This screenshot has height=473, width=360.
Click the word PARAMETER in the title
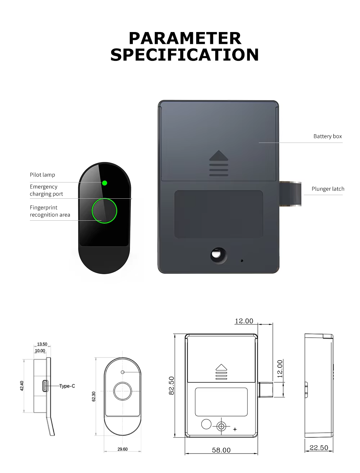click(185, 39)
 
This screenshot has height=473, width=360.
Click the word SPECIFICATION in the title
click(184, 55)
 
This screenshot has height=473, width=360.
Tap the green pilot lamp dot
click(104, 183)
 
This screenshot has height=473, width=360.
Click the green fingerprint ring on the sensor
click(104, 211)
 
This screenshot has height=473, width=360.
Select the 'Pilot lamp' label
click(42, 175)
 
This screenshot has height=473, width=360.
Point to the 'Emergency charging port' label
click(46, 190)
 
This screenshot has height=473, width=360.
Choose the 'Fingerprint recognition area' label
click(50, 211)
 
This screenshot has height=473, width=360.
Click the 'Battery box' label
click(328, 136)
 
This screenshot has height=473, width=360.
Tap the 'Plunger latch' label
click(328, 189)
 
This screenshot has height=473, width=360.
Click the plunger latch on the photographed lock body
click(290, 194)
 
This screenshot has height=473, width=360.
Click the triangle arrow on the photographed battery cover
click(219, 155)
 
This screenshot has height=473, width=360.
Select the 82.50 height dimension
click(171, 386)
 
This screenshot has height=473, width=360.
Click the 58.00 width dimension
click(221, 450)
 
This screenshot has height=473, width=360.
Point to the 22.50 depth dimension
click(319, 447)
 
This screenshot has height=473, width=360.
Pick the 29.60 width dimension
click(122, 449)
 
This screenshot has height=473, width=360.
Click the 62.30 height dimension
click(94, 396)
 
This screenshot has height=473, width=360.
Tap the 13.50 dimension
click(42, 344)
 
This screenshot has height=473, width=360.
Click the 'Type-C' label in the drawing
click(67, 386)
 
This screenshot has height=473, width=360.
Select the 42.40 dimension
click(22, 386)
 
